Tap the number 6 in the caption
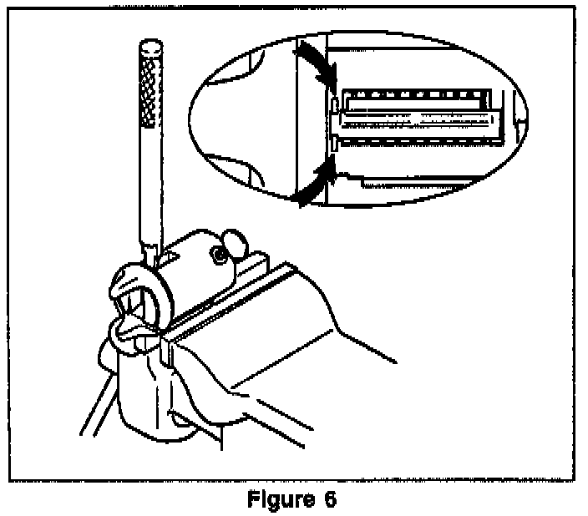[331, 501]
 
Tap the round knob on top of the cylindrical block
[234, 246]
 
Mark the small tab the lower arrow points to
[335, 147]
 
